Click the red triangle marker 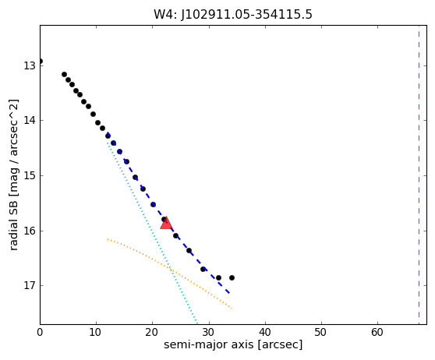pos(166,224)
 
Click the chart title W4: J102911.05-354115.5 pos(233,15)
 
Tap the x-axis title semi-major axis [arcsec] pos(233,344)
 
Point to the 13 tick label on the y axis pos(30,65)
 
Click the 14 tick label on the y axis pos(30,121)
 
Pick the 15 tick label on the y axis pos(30,175)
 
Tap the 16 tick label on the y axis pos(30,231)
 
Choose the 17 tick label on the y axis pos(30,285)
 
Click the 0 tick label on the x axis pos(40,332)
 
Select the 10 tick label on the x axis pos(96,332)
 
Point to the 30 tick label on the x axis pos(209,332)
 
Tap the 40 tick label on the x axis pos(265,332)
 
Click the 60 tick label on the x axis pos(377,332)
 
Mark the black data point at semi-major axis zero pos(41,62)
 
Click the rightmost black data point pos(232,277)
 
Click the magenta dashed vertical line pos(419,175)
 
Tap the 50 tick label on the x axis pos(321,332)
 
